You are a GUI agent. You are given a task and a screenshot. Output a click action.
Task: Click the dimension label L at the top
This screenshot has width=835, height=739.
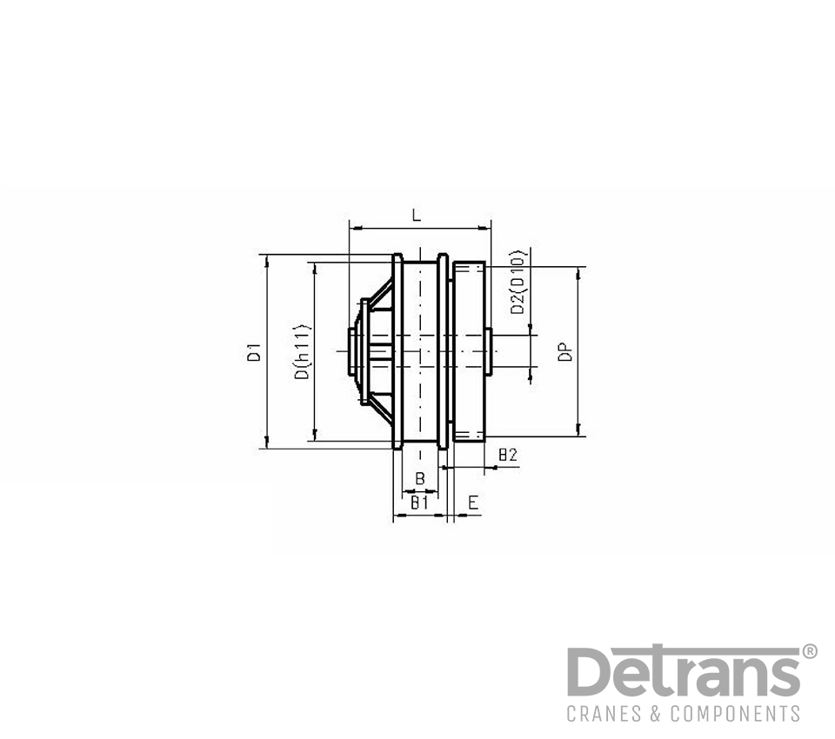click(x=417, y=215)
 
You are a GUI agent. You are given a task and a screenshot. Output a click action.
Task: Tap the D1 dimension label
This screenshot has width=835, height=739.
click(x=254, y=353)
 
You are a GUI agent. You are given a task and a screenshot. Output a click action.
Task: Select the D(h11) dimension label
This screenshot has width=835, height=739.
click(x=302, y=352)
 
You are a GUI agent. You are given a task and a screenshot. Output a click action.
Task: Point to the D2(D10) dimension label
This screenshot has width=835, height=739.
click(x=518, y=282)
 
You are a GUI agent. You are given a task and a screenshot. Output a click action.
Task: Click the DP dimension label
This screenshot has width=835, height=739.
click(x=565, y=351)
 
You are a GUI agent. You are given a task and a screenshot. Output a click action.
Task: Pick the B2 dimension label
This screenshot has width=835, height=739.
click(x=507, y=455)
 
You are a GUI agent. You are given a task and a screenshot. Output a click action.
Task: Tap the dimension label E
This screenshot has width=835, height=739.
click(x=473, y=502)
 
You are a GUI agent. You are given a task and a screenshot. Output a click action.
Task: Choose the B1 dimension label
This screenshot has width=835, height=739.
click(x=419, y=502)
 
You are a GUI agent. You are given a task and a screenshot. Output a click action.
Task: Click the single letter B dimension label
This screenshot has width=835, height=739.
click(x=419, y=478)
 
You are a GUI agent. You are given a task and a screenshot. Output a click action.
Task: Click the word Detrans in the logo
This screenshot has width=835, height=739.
click(x=684, y=671)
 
